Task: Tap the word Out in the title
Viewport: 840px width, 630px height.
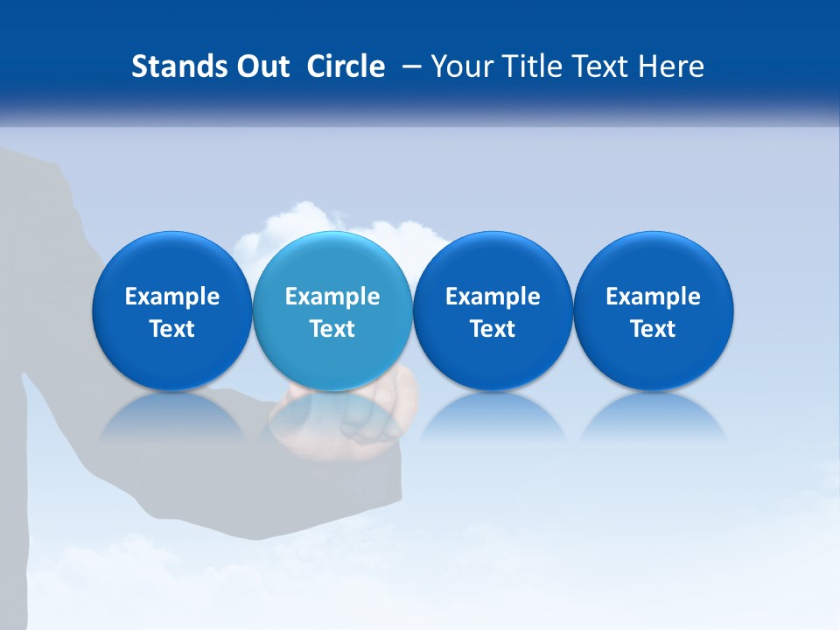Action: click(x=260, y=66)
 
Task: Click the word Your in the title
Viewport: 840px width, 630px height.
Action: click(x=459, y=66)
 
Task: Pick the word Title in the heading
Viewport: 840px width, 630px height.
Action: click(x=526, y=66)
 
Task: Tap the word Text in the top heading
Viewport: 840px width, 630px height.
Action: click(x=596, y=66)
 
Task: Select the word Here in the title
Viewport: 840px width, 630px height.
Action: click(x=670, y=66)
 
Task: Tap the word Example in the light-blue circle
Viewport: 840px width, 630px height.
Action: click(x=332, y=297)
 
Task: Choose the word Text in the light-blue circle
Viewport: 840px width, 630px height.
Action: click(x=332, y=329)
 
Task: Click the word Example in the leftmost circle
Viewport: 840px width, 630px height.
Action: click(x=172, y=297)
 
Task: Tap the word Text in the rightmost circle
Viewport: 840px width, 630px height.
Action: click(x=653, y=329)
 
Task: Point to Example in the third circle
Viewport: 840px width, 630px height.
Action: click(x=493, y=297)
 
